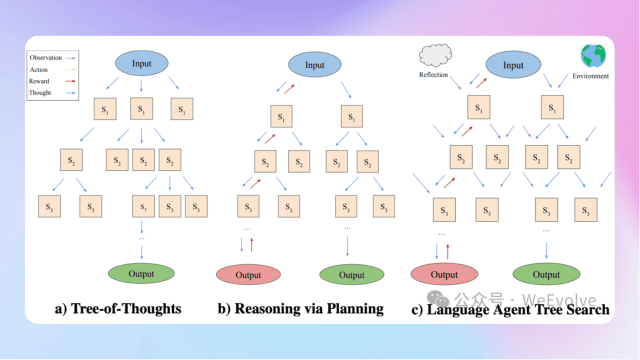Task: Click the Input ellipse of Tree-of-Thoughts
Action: [x=141, y=63]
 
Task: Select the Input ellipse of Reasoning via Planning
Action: [x=315, y=65]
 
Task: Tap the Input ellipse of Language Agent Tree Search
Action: [x=513, y=65]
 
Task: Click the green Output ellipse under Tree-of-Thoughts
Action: [x=141, y=273]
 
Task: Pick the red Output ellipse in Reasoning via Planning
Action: [x=248, y=275]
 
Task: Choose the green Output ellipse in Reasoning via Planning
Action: [x=352, y=274]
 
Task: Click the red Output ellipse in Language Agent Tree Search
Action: [x=444, y=274]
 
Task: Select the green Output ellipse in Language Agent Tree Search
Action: [x=546, y=274]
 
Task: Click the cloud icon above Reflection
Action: [x=435, y=55]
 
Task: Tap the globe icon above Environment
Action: [x=593, y=55]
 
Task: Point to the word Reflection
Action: [x=433, y=74]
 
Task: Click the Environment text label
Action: [x=590, y=76]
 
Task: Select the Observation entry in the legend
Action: [x=46, y=57]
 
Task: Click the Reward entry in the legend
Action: [x=39, y=81]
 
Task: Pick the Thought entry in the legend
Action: [x=40, y=92]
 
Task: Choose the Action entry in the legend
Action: [x=39, y=69]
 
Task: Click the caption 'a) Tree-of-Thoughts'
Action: [x=118, y=308]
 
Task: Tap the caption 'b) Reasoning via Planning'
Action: [x=300, y=308]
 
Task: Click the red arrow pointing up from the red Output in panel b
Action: [x=251, y=245]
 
